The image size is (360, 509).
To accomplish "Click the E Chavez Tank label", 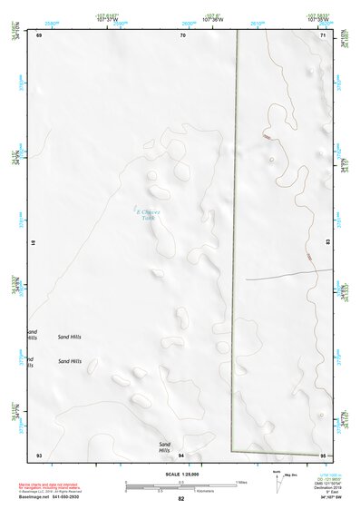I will click(x=148, y=214).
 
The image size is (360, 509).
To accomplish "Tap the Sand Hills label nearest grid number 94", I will click(x=164, y=447).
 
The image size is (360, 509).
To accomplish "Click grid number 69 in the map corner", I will click(x=39, y=34).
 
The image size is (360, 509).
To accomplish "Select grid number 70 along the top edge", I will click(x=182, y=34).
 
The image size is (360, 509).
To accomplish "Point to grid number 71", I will click(x=322, y=34).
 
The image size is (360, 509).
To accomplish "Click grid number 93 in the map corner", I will click(x=39, y=455).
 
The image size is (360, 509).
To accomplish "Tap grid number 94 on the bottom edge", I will click(x=181, y=455).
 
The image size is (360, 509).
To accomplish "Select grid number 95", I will click(x=322, y=455).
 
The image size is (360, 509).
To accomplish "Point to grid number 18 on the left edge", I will click(x=34, y=243).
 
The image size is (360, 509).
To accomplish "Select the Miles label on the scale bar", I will click(x=241, y=481).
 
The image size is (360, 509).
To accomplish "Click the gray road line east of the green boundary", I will click(x=281, y=277).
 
